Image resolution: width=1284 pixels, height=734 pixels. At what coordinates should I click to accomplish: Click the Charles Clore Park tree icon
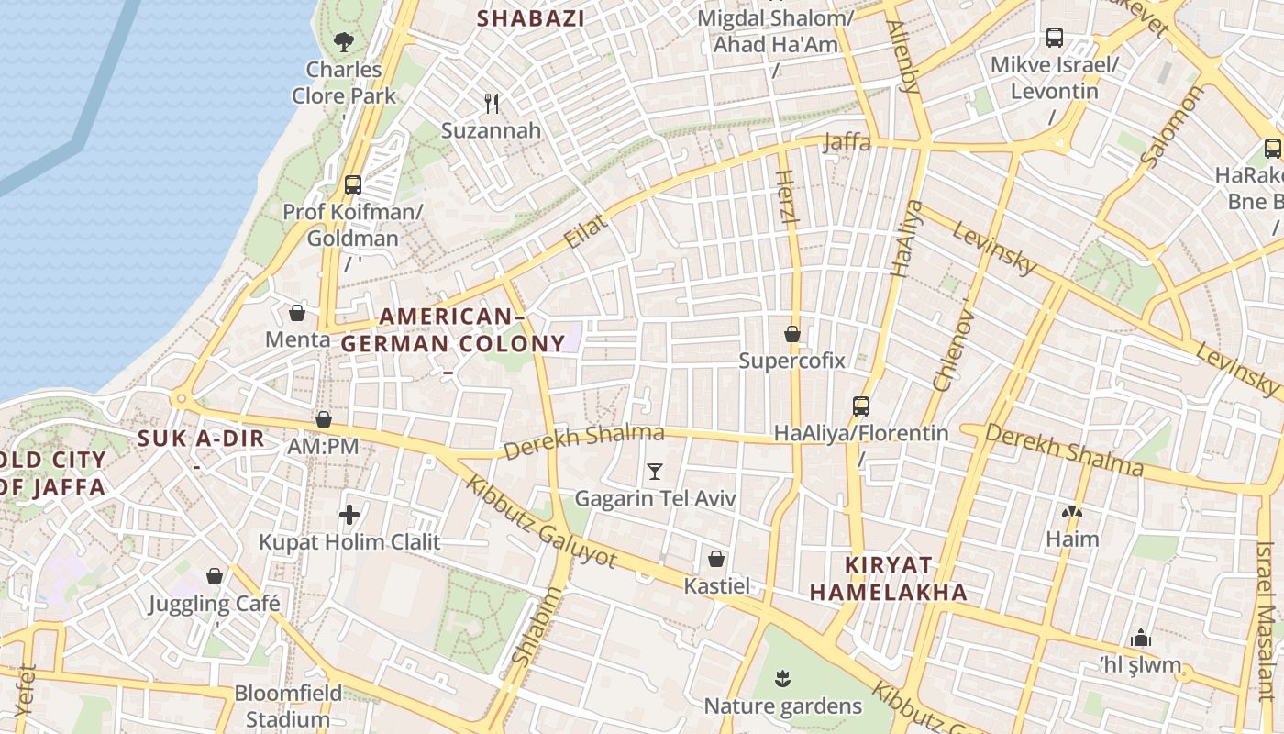click(344, 41)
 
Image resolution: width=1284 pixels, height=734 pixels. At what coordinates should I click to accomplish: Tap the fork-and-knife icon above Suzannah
click(492, 103)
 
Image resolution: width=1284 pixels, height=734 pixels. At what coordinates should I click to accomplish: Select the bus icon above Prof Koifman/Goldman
click(353, 184)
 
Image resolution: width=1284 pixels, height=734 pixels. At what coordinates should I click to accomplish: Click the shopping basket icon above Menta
click(297, 313)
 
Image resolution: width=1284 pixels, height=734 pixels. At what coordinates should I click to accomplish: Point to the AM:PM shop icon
click(324, 419)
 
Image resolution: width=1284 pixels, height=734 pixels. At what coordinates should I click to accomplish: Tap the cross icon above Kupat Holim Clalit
click(349, 515)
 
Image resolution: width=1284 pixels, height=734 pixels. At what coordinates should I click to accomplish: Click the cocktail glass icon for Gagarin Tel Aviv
click(655, 472)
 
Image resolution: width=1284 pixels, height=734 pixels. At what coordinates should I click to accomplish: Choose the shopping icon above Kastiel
click(716, 559)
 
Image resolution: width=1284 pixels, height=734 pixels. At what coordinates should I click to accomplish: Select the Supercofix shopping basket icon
click(792, 334)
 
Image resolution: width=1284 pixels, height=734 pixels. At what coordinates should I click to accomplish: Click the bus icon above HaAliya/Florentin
click(860, 406)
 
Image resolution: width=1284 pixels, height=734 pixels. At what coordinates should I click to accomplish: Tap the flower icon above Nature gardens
click(782, 679)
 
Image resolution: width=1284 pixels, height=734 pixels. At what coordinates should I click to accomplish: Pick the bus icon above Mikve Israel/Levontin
click(1055, 38)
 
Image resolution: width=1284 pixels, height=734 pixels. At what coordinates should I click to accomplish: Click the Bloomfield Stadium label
click(288, 706)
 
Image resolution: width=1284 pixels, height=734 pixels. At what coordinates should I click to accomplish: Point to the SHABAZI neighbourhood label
click(531, 17)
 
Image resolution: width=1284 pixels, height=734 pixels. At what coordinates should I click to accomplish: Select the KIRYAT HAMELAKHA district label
click(875, 578)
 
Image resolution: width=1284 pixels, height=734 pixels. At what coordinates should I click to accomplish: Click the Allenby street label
click(904, 57)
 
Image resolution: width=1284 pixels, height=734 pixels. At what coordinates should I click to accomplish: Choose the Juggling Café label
click(215, 604)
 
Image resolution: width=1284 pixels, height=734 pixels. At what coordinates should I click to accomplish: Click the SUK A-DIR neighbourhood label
click(201, 438)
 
